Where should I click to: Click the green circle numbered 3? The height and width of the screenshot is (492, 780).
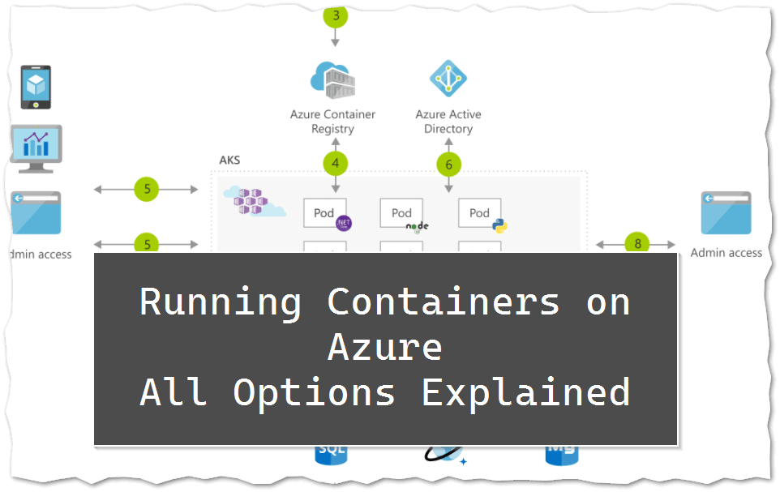(x=335, y=15)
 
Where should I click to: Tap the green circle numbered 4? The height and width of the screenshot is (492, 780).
(x=335, y=164)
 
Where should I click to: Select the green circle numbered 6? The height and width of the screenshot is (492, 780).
(x=448, y=165)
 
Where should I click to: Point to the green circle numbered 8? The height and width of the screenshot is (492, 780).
(x=637, y=243)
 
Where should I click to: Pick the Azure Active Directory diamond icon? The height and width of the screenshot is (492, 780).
(x=448, y=79)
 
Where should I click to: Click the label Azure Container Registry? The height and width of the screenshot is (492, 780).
(x=332, y=122)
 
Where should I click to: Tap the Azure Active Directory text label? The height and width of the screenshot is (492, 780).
(x=448, y=122)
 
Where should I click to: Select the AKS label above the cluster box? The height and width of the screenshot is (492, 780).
(x=229, y=160)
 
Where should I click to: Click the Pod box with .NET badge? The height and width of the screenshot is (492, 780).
(x=326, y=213)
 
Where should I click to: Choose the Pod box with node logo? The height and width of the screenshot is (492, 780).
(x=402, y=213)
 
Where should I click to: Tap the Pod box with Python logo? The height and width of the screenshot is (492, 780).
(x=480, y=213)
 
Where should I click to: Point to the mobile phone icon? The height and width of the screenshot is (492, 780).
(x=36, y=87)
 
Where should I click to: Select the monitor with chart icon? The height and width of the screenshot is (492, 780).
(x=36, y=148)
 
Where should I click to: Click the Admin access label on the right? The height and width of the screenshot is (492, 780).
(x=726, y=253)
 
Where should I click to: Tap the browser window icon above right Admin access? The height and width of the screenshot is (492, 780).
(x=726, y=213)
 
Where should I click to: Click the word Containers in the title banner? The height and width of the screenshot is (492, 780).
(x=444, y=302)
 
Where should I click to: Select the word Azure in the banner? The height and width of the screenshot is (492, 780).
(x=385, y=347)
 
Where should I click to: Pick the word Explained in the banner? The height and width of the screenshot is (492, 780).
(x=525, y=392)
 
